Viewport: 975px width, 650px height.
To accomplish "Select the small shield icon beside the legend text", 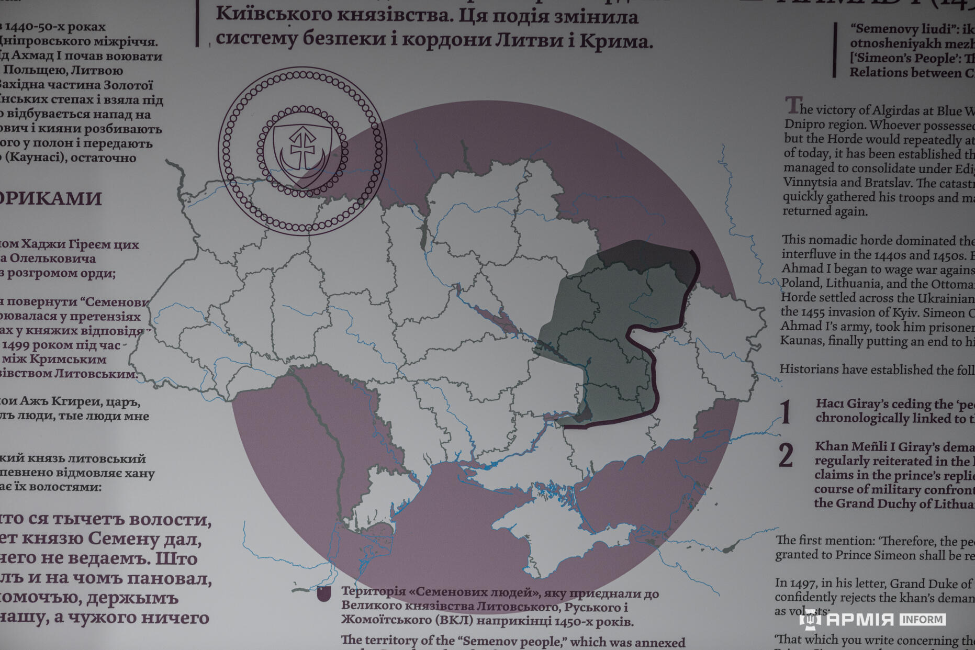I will [324, 594].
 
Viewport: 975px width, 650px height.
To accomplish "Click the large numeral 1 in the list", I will [785, 412].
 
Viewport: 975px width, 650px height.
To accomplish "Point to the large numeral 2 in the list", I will [786, 455].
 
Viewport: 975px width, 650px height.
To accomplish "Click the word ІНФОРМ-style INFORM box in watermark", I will [922, 620].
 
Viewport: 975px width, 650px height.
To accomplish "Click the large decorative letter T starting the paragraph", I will [792, 106].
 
